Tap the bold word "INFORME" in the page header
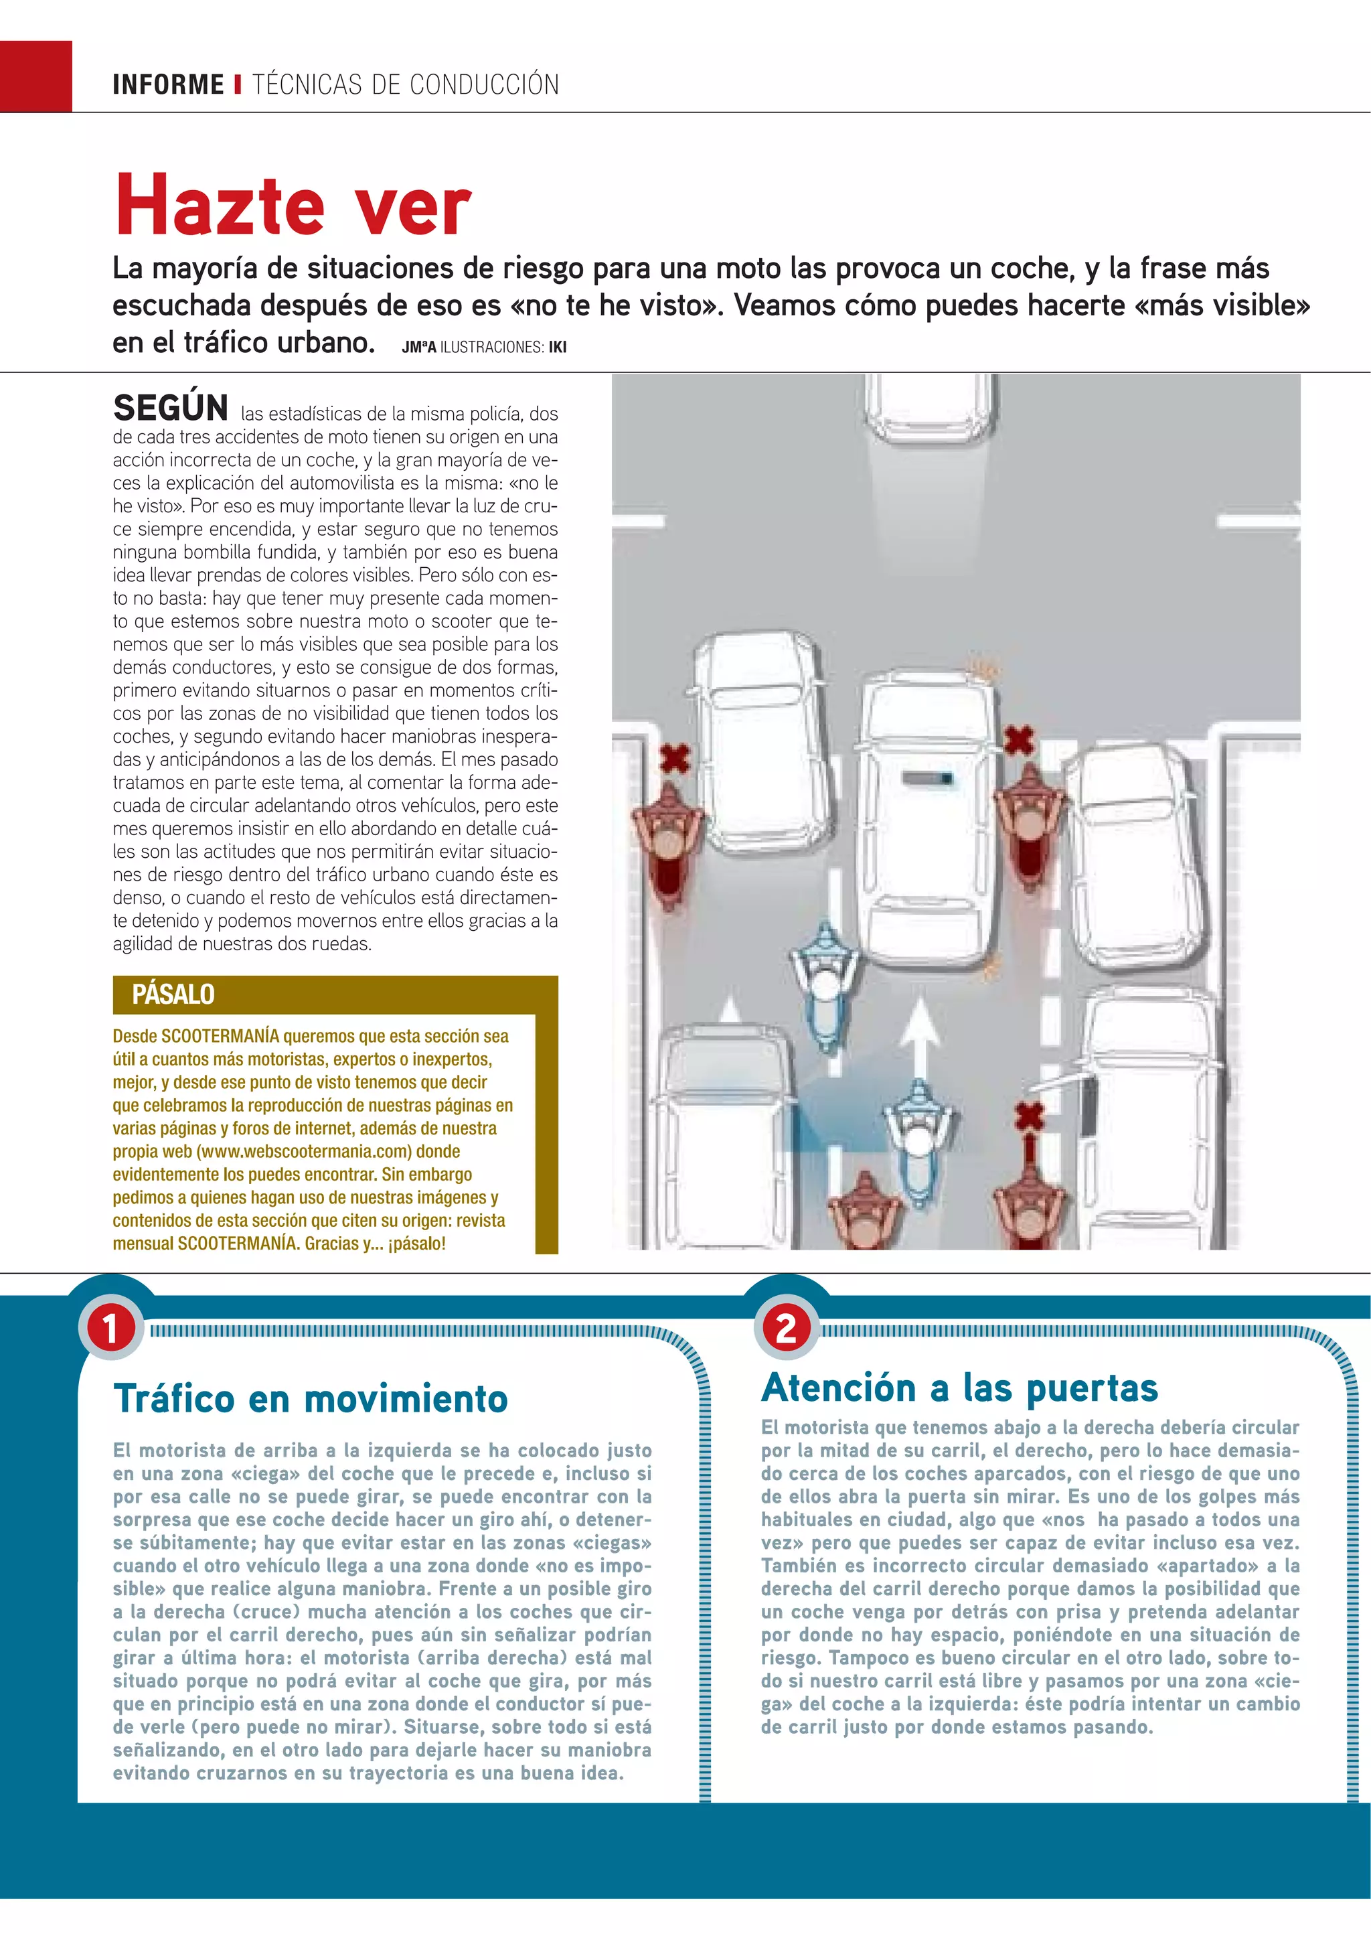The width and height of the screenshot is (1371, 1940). click(168, 84)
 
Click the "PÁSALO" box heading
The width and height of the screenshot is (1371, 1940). click(173, 994)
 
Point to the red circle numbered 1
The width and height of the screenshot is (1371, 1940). click(110, 1329)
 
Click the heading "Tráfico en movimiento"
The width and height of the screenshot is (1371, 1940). click(310, 1399)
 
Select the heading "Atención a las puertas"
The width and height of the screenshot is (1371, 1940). click(959, 1388)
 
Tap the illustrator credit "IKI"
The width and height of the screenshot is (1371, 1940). click(557, 348)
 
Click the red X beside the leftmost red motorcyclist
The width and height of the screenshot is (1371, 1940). click(674, 759)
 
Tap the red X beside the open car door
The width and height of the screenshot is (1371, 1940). click(1028, 1117)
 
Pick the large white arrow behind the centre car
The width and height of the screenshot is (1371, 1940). click(920, 1031)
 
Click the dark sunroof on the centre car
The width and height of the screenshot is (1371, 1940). click(926, 777)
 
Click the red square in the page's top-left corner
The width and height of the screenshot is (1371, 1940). click(35, 76)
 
